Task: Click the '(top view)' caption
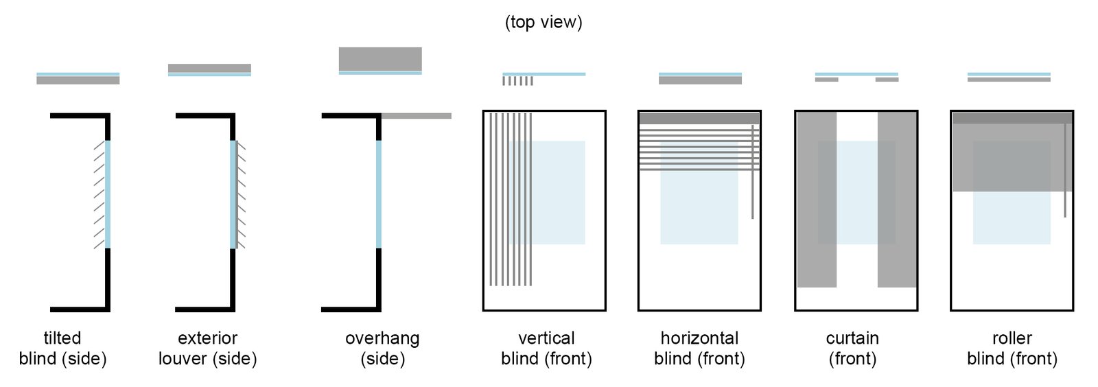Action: click(x=543, y=22)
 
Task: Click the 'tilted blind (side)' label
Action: click(x=62, y=348)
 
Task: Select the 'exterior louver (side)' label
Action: click(x=207, y=348)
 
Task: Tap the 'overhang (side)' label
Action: click(x=382, y=348)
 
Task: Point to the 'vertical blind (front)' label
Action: click(x=546, y=348)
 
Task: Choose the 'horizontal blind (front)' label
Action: click(x=699, y=348)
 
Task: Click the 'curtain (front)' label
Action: click(x=852, y=348)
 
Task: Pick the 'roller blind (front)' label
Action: click(x=1012, y=348)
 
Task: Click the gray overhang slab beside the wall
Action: click(x=417, y=116)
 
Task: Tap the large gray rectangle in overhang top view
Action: click(x=380, y=58)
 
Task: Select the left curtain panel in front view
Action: click(x=817, y=199)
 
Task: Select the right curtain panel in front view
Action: click(x=897, y=199)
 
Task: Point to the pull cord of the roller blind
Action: click(x=1065, y=172)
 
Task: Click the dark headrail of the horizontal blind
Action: click(x=699, y=119)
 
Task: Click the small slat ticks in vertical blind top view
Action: click(x=517, y=81)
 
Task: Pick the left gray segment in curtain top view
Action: click(x=826, y=80)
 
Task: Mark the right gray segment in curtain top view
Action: click(x=887, y=80)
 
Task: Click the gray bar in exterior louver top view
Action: click(x=209, y=68)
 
